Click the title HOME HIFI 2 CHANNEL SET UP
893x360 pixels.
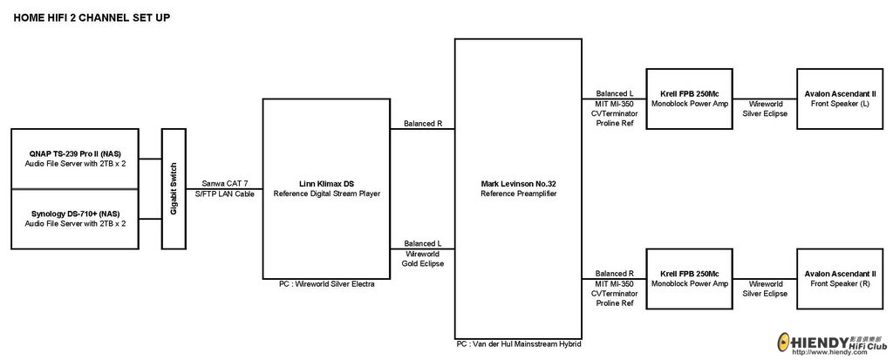(92, 17)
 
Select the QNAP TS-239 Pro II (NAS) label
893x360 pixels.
(75, 153)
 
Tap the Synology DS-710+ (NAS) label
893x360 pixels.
(75, 214)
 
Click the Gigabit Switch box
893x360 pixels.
(174, 188)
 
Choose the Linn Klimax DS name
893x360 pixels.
(326, 184)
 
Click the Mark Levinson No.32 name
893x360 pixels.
(518, 184)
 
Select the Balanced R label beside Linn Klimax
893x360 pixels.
(423, 123)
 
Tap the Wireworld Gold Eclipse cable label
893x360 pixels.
(423, 258)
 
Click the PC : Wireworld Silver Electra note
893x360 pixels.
(326, 283)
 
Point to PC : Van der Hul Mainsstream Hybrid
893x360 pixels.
(518, 344)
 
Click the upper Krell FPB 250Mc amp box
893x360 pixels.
(690, 98)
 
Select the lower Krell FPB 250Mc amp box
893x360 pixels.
(690, 279)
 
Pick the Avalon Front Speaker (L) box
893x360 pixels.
(841, 98)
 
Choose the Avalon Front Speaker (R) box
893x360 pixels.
(841, 279)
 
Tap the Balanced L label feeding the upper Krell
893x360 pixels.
(615, 93)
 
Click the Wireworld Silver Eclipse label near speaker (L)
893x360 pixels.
(766, 108)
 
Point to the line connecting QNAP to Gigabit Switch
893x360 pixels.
(150, 159)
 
